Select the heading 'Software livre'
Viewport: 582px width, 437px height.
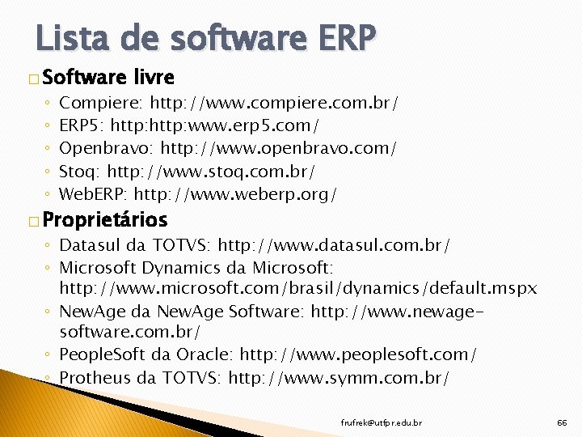[108, 78]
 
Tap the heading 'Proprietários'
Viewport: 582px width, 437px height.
[105, 219]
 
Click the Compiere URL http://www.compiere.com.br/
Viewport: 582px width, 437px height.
[274, 104]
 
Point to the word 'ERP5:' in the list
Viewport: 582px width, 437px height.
[82, 126]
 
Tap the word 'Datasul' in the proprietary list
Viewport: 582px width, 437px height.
[92, 244]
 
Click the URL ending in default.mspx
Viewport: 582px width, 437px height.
[298, 288]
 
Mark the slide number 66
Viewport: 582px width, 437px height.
[562, 422]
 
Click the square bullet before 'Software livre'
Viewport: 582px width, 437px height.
[32, 79]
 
